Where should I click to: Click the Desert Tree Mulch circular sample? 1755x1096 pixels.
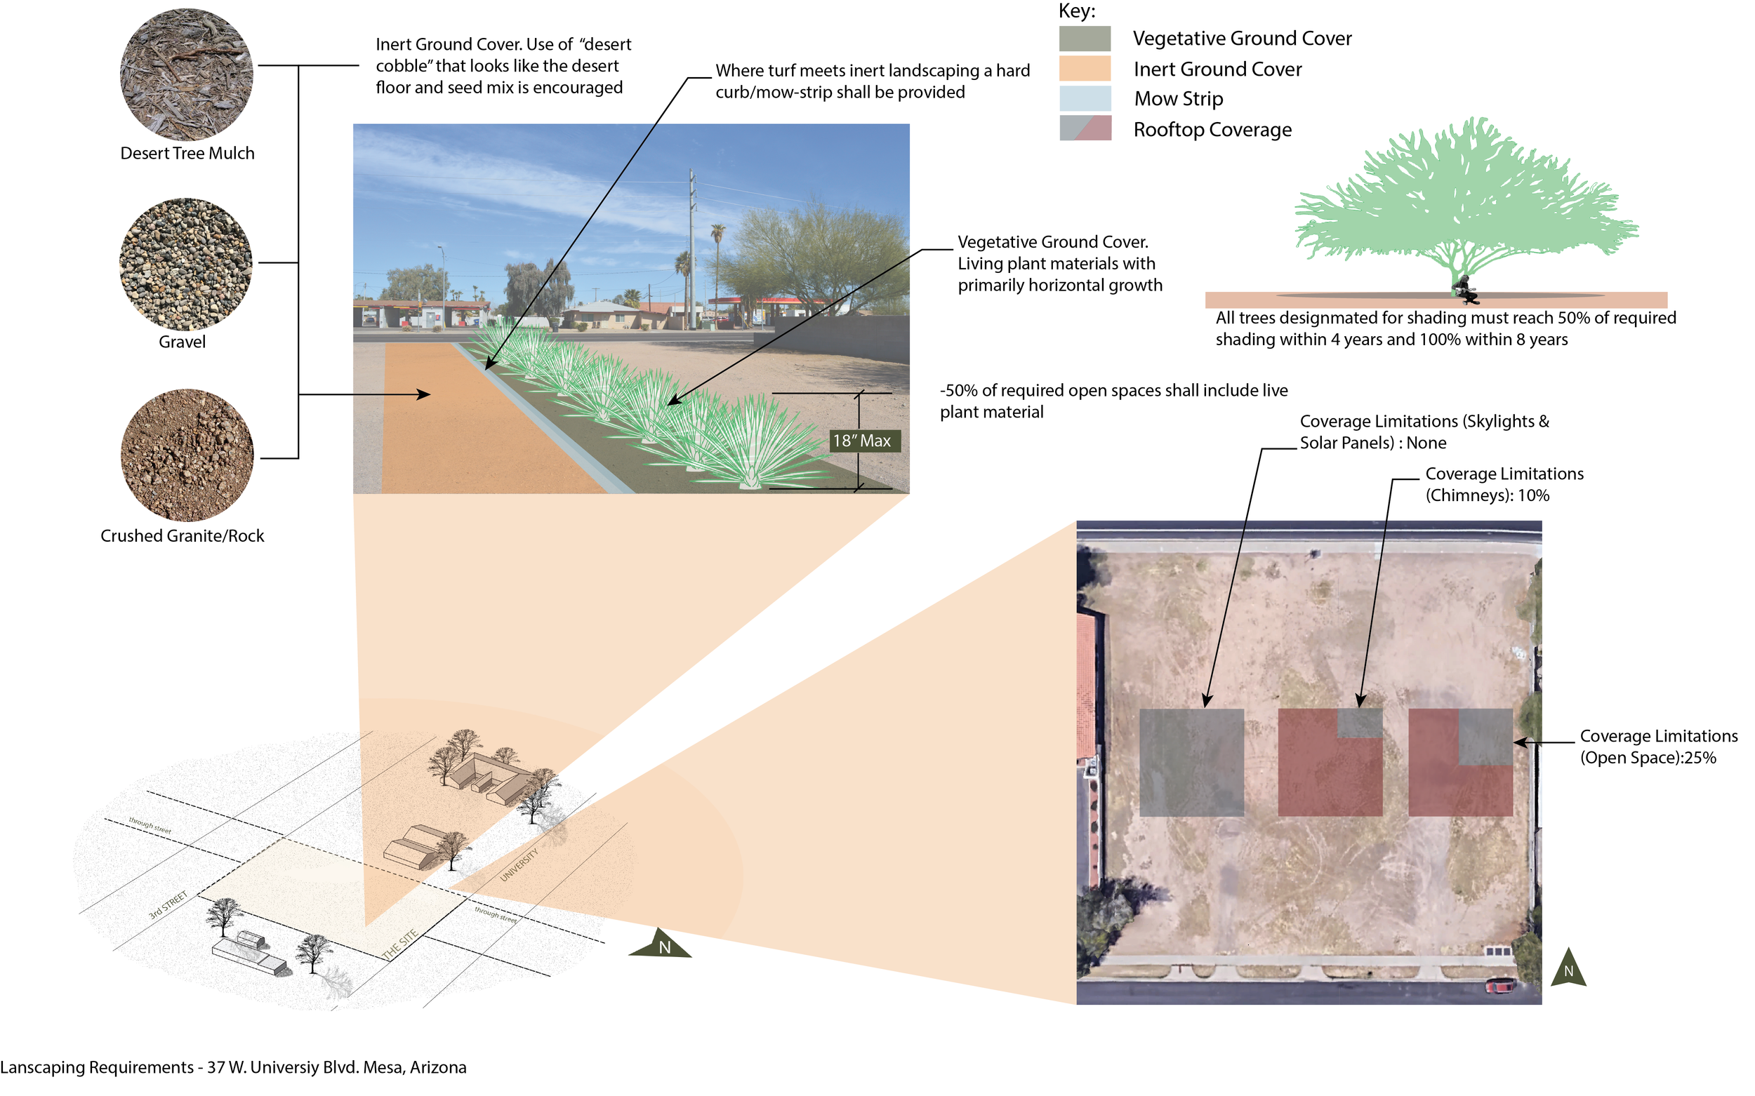[186, 74]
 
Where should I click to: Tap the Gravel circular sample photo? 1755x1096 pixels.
[185, 265]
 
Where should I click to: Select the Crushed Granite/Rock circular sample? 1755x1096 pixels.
[187, 455]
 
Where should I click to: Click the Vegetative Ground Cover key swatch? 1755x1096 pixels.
[1084, 39]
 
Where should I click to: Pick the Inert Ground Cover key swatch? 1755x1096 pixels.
[1084, 69]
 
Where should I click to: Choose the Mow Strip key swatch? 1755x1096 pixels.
[1084, 98]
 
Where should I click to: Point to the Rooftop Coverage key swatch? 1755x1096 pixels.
[1084, 128]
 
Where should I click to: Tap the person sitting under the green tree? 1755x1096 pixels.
[1465, 289]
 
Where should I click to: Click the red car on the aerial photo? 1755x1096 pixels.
[1499, 985]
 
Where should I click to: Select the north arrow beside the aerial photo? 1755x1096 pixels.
[1568, 968]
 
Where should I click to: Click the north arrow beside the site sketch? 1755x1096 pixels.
[661, 944]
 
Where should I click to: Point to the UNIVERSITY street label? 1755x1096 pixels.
[519, 864]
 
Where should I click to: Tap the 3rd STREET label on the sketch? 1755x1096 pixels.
[168, 905]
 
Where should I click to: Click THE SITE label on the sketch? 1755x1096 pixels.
[399, 944]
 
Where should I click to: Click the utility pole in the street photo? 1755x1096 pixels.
[692, 246]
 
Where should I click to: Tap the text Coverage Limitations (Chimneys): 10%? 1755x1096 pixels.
[1504, 484]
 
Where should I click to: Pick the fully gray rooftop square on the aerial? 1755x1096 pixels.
[1191, 763]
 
